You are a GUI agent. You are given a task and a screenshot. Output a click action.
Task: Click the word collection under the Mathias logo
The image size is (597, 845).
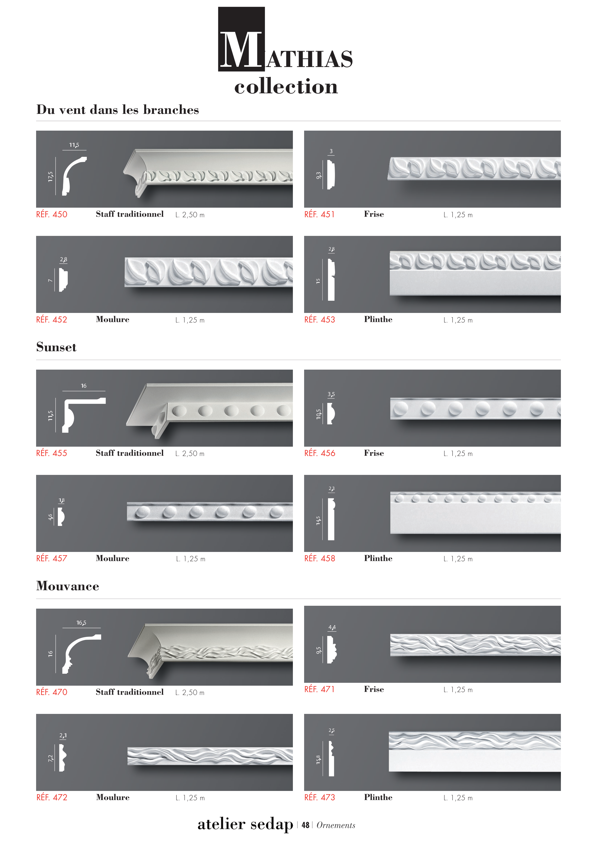(286, 87)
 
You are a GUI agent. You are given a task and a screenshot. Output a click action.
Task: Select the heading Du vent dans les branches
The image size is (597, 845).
(118, 110)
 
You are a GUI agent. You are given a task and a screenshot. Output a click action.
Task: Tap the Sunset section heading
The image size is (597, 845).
(56, 347)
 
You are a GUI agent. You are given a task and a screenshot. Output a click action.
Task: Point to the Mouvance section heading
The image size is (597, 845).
(68, 586)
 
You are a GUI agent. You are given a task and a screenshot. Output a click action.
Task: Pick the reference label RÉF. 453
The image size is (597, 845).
(320, 319)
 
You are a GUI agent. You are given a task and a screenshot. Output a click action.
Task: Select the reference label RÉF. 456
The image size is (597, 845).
(320, 453)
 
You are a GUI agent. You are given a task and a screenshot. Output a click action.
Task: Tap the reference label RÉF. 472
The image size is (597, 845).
(52, 797)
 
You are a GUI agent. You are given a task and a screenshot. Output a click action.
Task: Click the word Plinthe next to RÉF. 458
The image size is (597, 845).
(378, 558)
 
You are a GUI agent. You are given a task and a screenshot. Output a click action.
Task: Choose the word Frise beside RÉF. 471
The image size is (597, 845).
(374, 689)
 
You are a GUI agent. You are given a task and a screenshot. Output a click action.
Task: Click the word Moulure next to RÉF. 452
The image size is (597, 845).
(113, 319)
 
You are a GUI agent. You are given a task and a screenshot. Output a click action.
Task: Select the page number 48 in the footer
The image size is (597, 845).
(305, 825)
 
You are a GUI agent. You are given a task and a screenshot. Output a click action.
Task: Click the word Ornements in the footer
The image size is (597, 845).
(336, 825)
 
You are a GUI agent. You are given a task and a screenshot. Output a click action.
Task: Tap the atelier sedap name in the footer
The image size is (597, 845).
(245, 824)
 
